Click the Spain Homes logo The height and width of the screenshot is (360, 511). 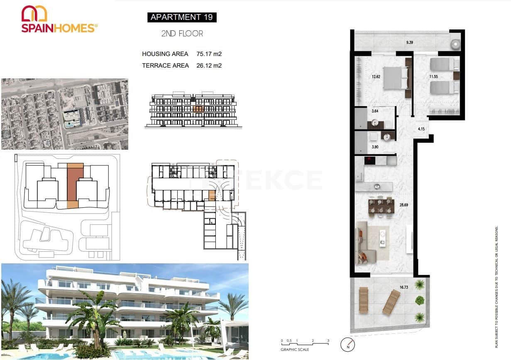click(x=59, y=19)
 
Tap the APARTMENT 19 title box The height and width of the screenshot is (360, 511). click(x=182, y=17)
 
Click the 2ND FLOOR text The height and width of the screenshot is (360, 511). click(x=182, y=34)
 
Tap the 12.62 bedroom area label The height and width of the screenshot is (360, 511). click(x=376, y=76)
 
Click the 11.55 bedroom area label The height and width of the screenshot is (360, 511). click(x=434, y=76)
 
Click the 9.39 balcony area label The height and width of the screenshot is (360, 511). click(x=410, y=42)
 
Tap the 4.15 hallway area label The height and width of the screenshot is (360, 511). click(x=421, y=129)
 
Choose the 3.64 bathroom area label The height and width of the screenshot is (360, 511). click(x=374, y=111)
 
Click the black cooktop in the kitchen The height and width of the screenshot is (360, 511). click(x=370, y=160)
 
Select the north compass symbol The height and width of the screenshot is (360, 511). click(x=347, y=344)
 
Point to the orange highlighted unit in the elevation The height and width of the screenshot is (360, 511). click(x=198, y=109)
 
